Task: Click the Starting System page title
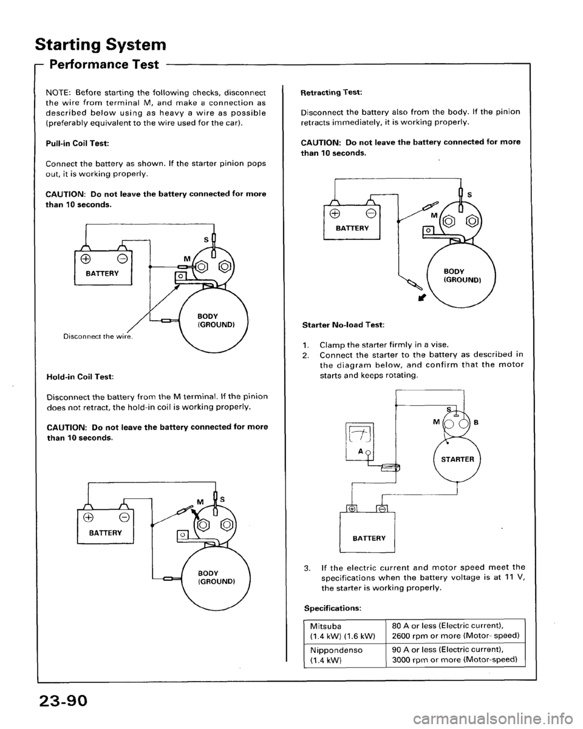point(101,45)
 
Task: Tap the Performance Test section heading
point(104,64)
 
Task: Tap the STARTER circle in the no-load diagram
point(457,459)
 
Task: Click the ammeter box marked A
point(360,442)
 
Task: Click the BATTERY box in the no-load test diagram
point(367,532)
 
